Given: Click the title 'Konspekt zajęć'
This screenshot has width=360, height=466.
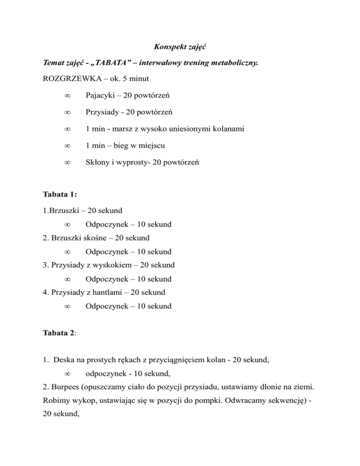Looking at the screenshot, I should point(180,47).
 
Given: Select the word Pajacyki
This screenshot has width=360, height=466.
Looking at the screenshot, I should point(101,96).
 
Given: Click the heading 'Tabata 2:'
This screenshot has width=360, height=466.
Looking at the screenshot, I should point(58,325).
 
